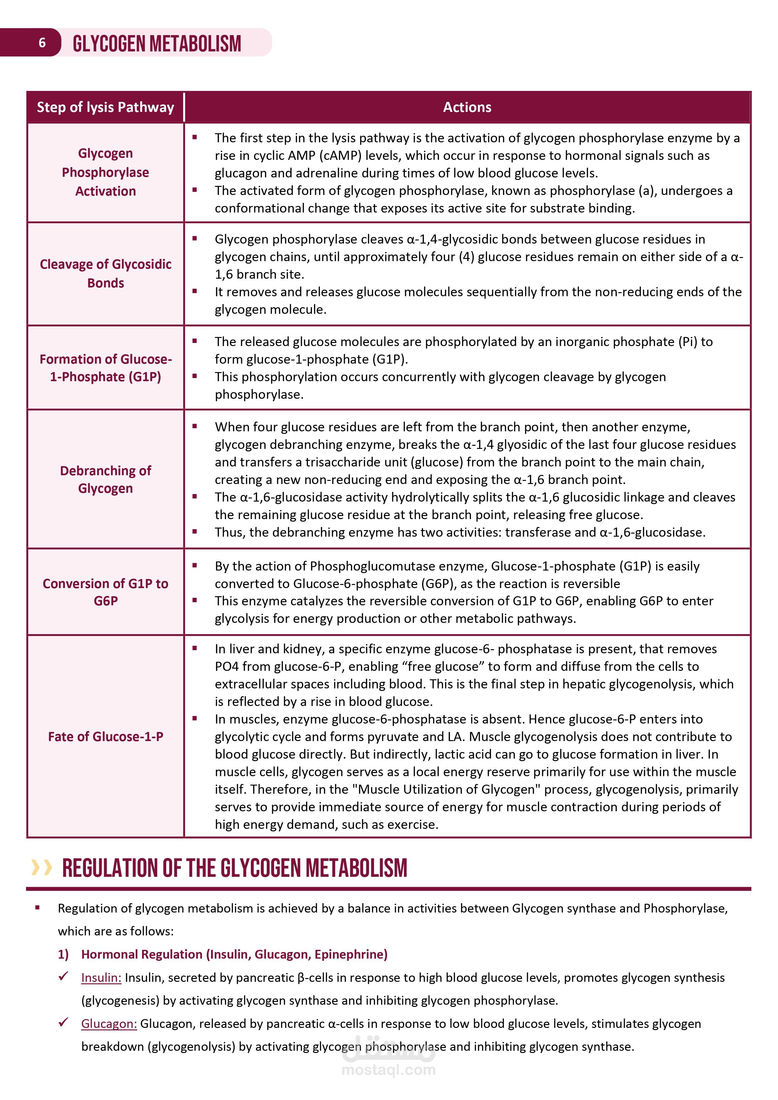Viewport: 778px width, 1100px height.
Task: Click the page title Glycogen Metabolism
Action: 157,44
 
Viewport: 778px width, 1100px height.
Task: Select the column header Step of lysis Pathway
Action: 105,107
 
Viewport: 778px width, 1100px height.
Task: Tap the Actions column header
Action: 467,107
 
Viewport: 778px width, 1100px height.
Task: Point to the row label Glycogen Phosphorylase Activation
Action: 105,172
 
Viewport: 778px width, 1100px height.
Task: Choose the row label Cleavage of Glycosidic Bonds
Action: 105,274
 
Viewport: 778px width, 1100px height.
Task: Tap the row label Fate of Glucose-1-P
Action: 105,736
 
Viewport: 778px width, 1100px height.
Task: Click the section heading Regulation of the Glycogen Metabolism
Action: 235,868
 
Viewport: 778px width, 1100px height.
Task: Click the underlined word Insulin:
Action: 101,977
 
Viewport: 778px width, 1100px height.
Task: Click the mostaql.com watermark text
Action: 388,1070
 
